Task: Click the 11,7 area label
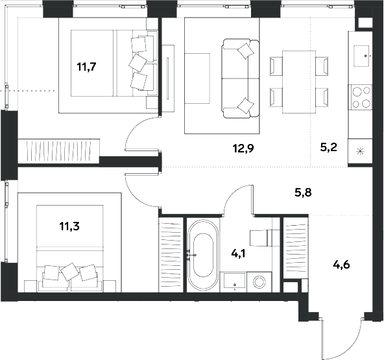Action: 86,67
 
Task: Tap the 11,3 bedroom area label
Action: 69,226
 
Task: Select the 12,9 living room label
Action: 243,149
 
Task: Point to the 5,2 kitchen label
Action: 329,147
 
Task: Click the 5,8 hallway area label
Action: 303,193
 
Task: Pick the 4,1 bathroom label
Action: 238,254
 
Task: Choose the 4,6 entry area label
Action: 341,265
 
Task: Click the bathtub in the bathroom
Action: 203,255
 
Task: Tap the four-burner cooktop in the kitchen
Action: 361,97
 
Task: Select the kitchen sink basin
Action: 361,56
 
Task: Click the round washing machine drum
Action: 259,282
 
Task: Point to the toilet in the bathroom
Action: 264,237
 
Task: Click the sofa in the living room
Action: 241,78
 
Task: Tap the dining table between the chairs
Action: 299,82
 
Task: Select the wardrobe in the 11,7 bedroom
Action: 58,151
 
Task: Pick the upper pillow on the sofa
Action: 246,51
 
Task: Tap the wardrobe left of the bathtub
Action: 171,255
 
